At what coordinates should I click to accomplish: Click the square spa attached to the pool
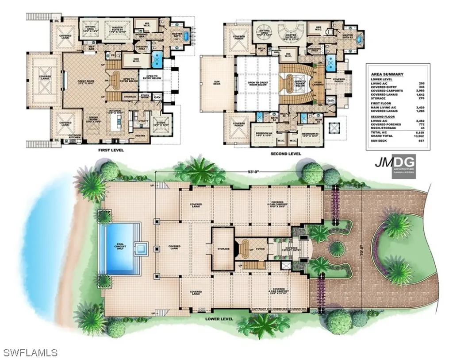coord(142,249)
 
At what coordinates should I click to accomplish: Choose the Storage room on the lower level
coord(223,249)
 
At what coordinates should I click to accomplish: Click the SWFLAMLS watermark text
coord(29,353)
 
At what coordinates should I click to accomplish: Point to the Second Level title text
coord(285,154)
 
